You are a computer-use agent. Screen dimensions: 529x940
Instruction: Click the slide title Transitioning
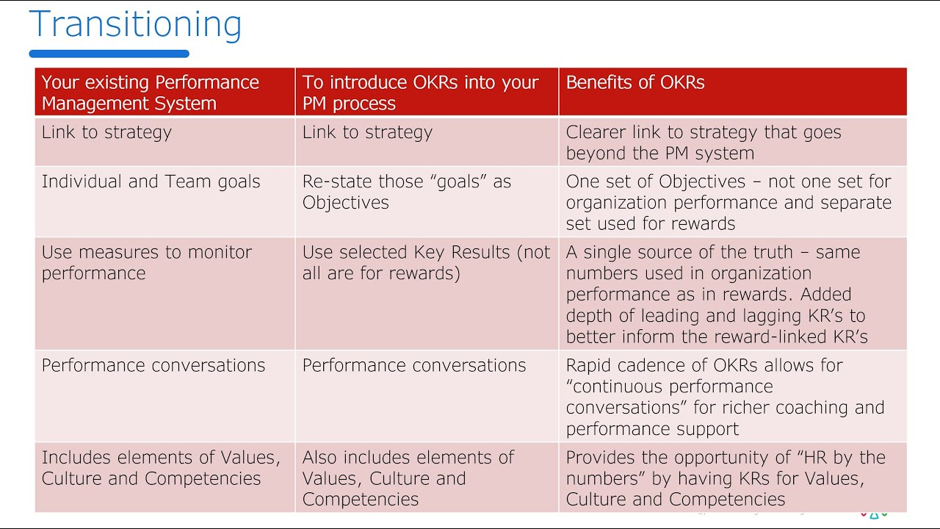[135, 24]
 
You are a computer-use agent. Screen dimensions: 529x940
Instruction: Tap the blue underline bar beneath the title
[109, 54]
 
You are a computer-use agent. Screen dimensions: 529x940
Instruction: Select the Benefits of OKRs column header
[635, 82]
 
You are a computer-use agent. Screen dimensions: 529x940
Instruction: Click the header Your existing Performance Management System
[151, 93]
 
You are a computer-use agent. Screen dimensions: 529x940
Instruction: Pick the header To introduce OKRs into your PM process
[420, 93]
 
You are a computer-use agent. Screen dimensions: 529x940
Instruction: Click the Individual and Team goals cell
[151, 181]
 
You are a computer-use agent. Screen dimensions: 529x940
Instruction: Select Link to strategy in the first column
[106, 132]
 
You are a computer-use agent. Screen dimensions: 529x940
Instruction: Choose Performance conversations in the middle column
[414, 365]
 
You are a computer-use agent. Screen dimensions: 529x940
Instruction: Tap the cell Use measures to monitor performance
[147, 262]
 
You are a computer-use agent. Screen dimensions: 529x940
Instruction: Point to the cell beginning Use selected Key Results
[426, 262]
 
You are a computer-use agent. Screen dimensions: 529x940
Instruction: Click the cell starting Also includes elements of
[408, 478]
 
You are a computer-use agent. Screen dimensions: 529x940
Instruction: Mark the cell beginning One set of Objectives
[728, 202]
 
